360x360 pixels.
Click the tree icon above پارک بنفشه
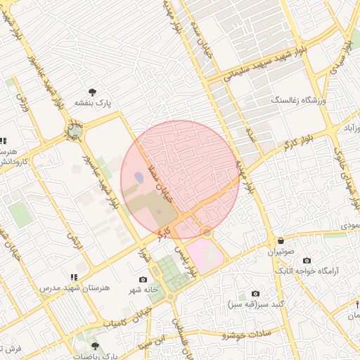pyautogui.click(x=92, y=91)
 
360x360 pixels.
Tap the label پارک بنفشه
pyautogui.click(x=94, y=104)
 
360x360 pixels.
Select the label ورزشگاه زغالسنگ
pyautogui.click(x=299, y=101)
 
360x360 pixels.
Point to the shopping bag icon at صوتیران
pyautogui.click(x=281, y=240)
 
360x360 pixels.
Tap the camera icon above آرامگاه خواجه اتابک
pyautogui.click(x=307, y=260)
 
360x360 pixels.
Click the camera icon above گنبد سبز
pyautogui.click(x=255, y=293)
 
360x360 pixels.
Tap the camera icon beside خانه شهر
pyautogui.click(x=143, y=280)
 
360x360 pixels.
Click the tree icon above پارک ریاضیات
pyautogui.click(x=95, y=346)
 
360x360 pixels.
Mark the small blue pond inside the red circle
pyautogui.click(x=139, y=178)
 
